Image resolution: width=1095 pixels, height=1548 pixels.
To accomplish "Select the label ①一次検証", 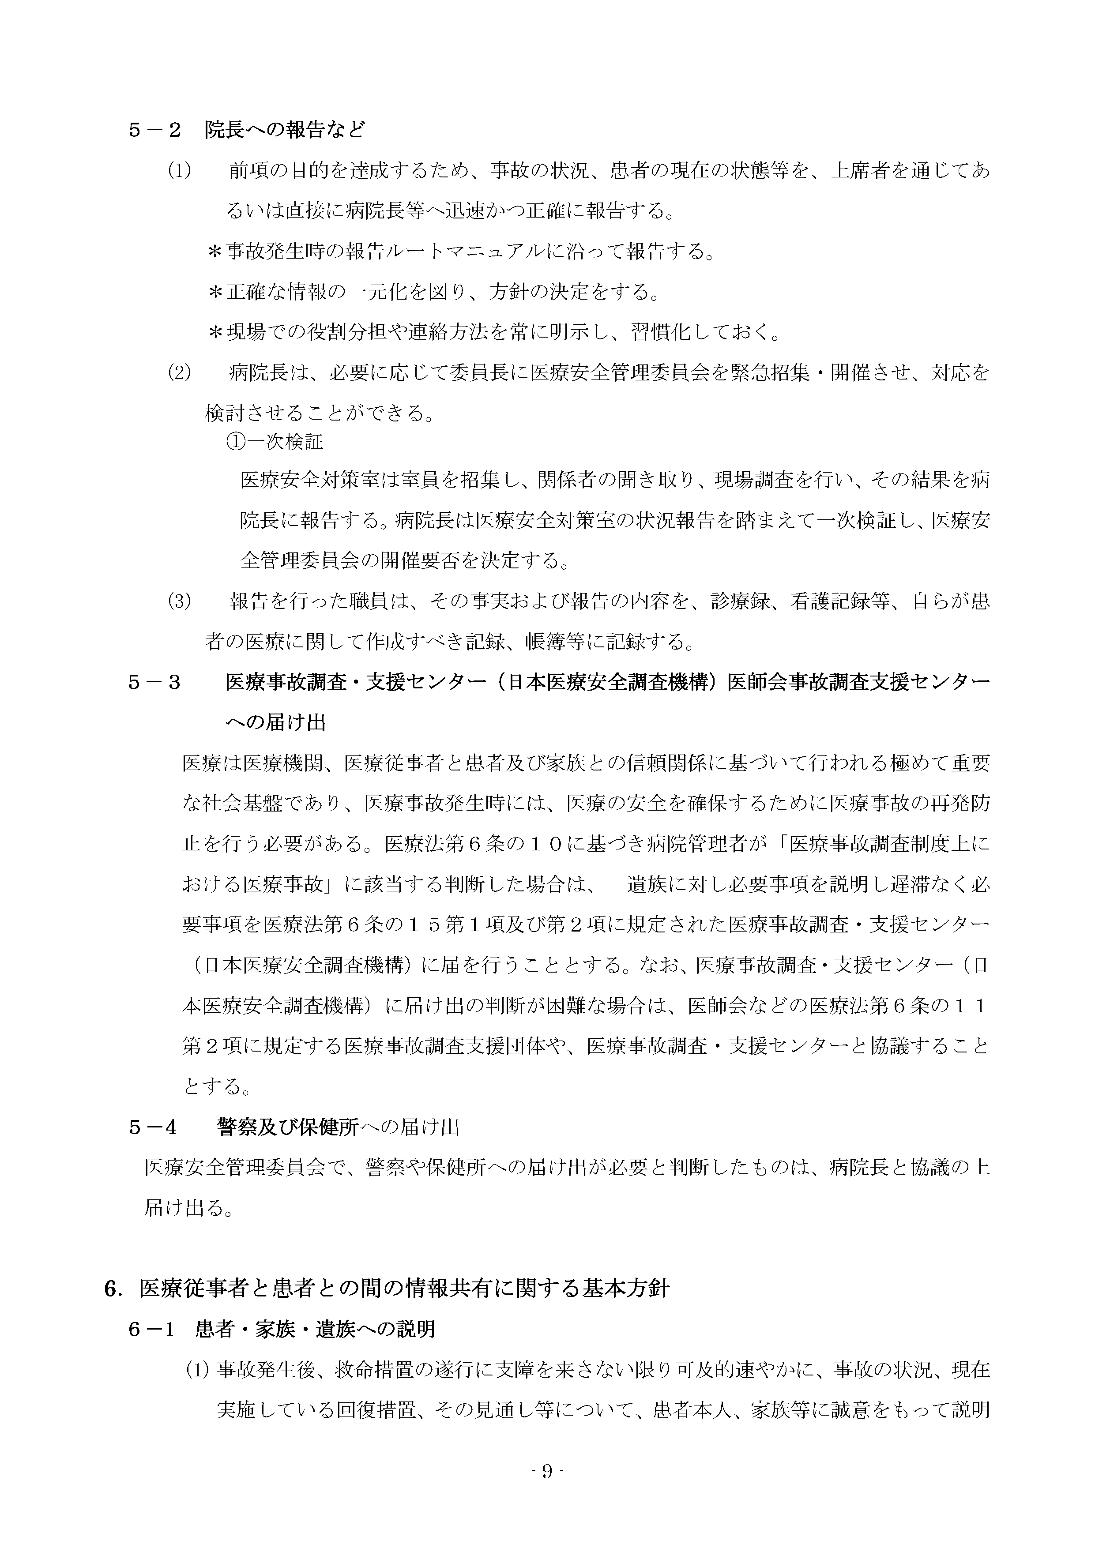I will coord(275,442).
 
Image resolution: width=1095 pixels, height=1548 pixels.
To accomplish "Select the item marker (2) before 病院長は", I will coord(179,372).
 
